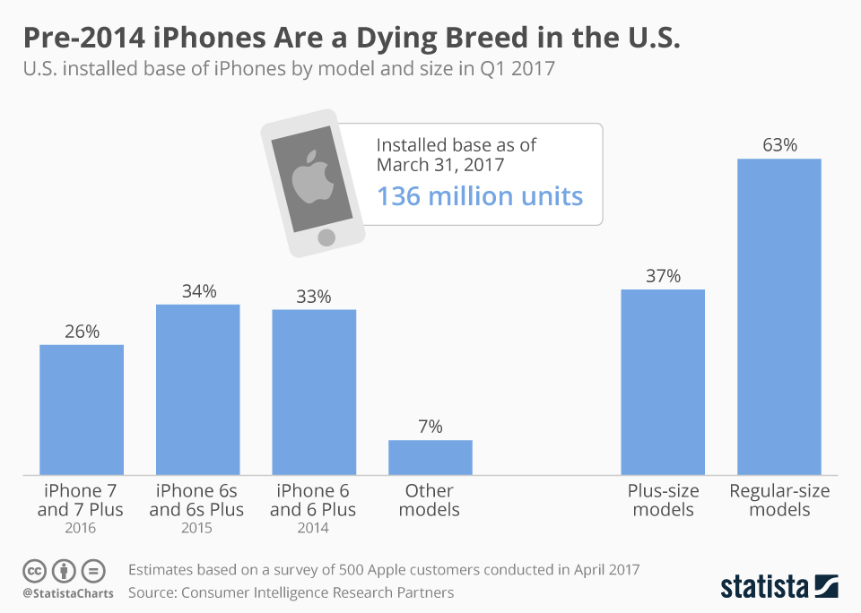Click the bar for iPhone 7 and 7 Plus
point(82,410)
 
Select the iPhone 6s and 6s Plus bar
point(197,390)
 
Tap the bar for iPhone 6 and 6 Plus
point(314,392)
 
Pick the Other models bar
point(430,457)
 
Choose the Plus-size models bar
point(663,382)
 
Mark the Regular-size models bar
point(778,316)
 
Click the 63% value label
point(779,145)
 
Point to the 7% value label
point(430,427)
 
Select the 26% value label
point(82,332)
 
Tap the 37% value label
point(663,276)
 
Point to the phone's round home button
point(327,237)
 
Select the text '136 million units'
point(480,196)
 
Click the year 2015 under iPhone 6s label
point(196,529)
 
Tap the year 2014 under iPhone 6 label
point(313,529)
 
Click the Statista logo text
point(764,587)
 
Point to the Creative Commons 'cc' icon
point(35,570)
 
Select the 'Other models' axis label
point(430,500)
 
